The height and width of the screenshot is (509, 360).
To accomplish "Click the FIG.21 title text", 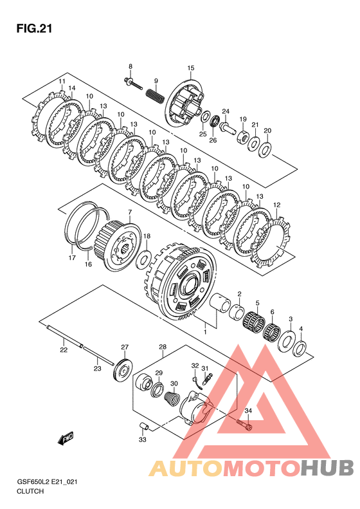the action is tap(34, 29).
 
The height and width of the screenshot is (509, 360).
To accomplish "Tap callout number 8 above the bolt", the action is tap(130, 66).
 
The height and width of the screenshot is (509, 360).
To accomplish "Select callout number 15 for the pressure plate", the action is tap(191, 68).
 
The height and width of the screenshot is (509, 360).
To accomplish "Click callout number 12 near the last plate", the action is tap(276, 205).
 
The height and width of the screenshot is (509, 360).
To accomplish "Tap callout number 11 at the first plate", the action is tap(62, 81).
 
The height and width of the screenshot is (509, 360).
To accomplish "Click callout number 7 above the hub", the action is tap(130, 212).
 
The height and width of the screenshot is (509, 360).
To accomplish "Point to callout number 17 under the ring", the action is tap(72, 258).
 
